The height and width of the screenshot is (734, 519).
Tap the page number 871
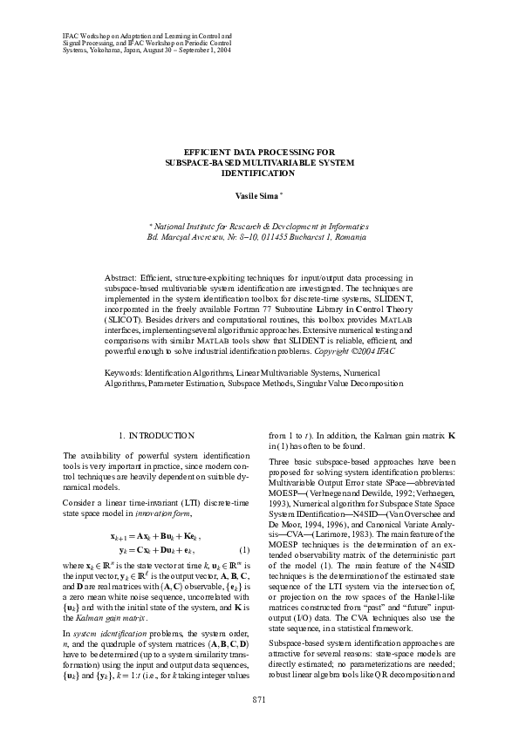point(259,699)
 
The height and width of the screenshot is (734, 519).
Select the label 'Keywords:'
point(123,372)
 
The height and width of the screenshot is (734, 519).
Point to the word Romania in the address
point(349,237)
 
